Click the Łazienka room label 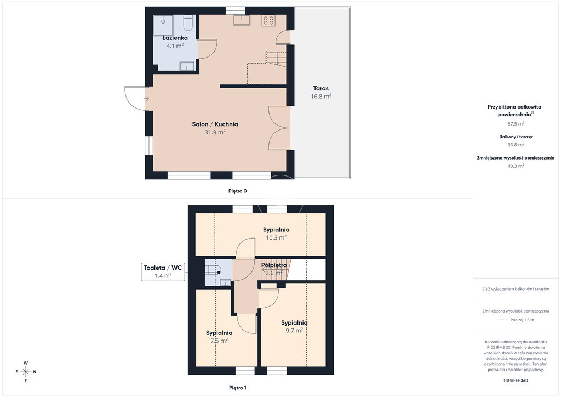(175, 38)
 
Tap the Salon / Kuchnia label (215, 124)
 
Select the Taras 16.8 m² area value (321, 97)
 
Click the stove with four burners (268, 20)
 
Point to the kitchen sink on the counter (242, 20)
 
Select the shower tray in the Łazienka (163, 25)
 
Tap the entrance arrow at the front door (146, 99)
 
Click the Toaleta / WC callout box (163, 272)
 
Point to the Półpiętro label (274, 265)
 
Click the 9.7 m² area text (294, 331)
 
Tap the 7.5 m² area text (219, 341)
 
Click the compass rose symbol (26, 372)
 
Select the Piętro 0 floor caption (238, 191)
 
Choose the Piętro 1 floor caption (238, 388)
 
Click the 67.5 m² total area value (516, 124)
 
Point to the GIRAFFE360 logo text (516, 381)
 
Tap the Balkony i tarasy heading (516, 137)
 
